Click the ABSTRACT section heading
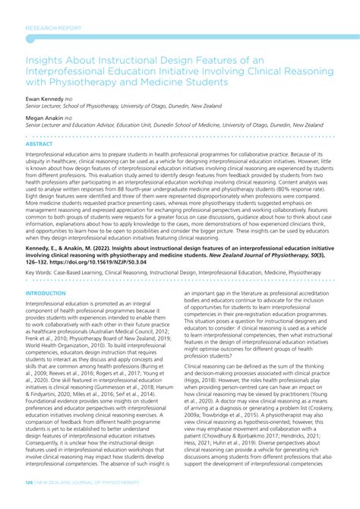(x=40, y=143)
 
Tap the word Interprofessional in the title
(x=74, y=68)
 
